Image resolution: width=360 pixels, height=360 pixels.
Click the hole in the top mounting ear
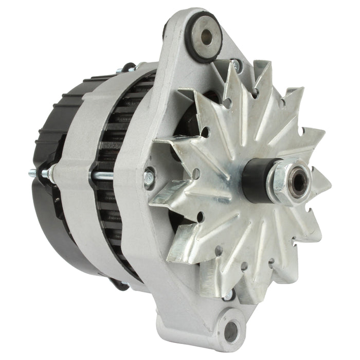coord(207,35)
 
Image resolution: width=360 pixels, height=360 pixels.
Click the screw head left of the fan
coord(149,178)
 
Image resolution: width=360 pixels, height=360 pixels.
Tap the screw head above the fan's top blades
coord(235,64)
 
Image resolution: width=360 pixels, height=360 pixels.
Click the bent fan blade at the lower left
coord(180,247)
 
